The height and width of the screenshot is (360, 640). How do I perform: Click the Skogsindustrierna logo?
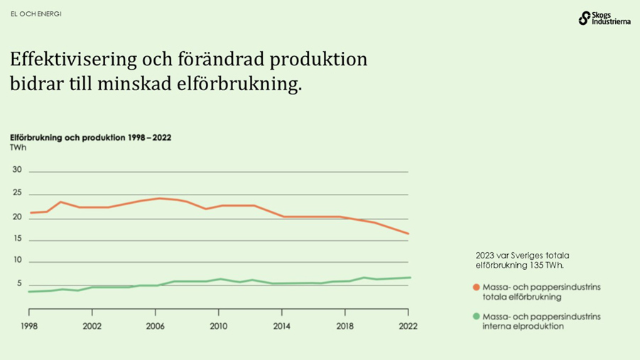click(x=604, y=18)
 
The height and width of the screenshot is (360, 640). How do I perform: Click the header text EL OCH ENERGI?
click(x=36, y=13)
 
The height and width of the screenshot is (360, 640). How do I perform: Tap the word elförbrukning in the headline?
click(x=239, y=84)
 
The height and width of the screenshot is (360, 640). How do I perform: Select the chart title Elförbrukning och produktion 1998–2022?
click(x=90, y=137)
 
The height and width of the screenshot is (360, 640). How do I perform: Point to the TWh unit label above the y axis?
click(x=18, y=148)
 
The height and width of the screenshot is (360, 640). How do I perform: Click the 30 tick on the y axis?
click(x=17, y=170)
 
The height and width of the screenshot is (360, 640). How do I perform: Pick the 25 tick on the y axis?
click(x=17, y=193)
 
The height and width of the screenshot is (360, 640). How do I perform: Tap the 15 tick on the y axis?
click(x=17, y=239)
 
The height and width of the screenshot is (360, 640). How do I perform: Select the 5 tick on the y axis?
click(x=19, y=284)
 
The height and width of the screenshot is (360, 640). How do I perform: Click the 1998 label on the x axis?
click(x=29, y=326)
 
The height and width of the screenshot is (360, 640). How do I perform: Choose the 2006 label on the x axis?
click(x=156, y=326)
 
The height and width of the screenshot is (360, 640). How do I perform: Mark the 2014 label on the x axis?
click(x=282, y=326)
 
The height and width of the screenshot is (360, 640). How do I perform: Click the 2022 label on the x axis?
click(x=408, y=326)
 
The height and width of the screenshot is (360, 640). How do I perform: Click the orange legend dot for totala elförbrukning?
click(x=477, y=288)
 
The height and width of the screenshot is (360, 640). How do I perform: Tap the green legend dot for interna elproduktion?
click(x=477, y=317)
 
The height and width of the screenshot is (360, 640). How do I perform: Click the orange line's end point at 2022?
click(x=408, y=234)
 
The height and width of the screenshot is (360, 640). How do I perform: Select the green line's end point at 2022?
click(x=408, y=278)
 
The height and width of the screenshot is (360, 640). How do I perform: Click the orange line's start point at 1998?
click(x=30, y=212)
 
